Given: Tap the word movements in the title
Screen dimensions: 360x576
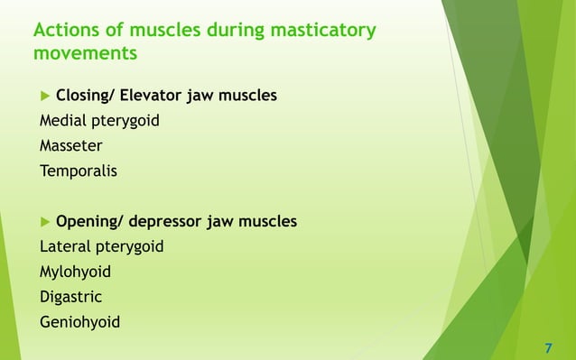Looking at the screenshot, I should click(85, 54).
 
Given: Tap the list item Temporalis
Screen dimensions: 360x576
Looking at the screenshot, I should click(79, 170).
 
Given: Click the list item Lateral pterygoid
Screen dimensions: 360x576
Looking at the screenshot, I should click(101, 245).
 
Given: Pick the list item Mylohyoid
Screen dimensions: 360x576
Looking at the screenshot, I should click(75, 271).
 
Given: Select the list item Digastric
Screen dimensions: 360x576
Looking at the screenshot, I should click(70, 296).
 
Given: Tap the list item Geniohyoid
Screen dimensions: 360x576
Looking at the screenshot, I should click(79, 321).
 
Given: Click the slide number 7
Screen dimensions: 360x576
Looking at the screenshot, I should click(549, 347).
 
